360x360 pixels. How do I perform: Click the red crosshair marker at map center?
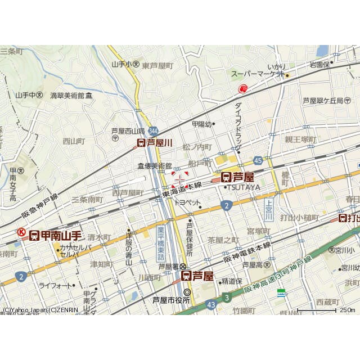coord(180,179)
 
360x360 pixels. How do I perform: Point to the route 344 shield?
coord(153,129)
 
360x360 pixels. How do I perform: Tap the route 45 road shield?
coord(258,161)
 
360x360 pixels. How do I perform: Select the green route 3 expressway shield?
coord(226,296)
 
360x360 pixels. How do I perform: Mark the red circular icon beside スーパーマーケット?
coord(243,88)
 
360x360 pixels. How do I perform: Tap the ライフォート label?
coord(55,285)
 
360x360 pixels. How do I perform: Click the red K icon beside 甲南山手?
coord(20,232)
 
